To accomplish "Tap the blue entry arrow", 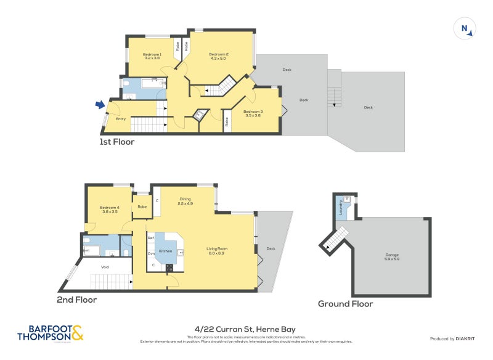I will coord(100,105).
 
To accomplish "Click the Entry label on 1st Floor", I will coord(121,119).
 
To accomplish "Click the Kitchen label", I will coord(165,252).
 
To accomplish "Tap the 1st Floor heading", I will coord(117,142).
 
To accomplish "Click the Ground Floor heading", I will coord(345,303).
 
